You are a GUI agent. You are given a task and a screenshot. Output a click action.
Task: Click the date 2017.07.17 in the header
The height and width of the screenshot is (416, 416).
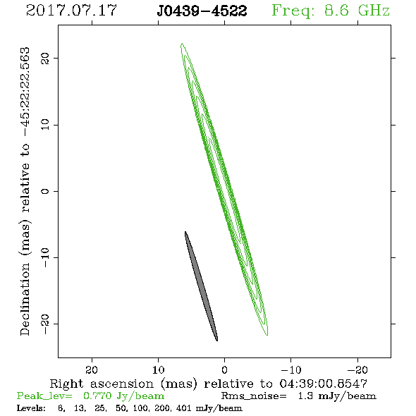click(71, 11)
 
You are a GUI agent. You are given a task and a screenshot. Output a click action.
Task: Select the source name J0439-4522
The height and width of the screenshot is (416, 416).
click(202, 11)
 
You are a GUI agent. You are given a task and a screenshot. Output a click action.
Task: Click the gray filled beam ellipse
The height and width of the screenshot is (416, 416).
click(202, 286)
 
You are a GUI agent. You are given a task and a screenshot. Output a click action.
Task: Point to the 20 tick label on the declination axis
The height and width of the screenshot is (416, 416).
click(45, 58)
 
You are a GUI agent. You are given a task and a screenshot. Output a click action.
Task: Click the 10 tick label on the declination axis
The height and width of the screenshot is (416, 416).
click(45, 125)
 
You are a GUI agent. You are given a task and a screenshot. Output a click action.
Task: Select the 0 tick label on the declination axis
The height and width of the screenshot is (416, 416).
click(45, 191)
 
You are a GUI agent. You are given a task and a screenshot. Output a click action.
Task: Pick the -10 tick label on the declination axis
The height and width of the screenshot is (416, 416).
click(45, 257)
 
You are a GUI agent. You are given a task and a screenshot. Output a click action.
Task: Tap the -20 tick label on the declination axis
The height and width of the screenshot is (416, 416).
click(45, 324)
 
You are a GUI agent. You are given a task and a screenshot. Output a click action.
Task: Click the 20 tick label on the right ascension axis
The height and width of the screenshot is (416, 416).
click(92, 370)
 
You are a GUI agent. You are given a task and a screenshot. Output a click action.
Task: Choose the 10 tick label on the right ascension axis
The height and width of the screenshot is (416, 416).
click(159, 370)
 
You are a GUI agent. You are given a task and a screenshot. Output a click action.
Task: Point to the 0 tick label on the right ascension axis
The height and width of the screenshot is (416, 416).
click(225, 370)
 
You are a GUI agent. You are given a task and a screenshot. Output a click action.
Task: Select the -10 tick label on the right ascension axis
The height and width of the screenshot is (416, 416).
click(291, 370)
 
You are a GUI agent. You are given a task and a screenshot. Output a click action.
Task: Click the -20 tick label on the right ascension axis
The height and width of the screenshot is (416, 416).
click(357, 370)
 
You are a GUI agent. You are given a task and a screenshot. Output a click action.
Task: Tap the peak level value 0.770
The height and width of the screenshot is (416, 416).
click(97, 396)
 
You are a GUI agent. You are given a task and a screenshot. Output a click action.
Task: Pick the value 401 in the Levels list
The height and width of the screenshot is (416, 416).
click(183, 408)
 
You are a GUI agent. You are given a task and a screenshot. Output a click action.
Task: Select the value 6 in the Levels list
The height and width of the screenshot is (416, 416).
click(61, 408)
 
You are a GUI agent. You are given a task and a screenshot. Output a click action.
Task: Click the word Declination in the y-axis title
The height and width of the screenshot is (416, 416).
click(25, 299)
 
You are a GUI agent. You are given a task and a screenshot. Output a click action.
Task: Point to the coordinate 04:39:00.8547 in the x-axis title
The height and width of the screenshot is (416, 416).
click(324, 384)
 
